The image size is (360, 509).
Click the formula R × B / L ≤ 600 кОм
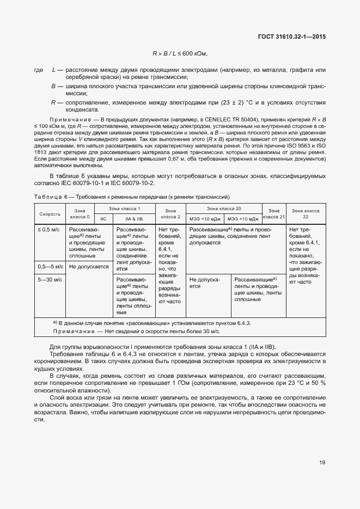point(180,53)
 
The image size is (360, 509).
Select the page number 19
point(322,463)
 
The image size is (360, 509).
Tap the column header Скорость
point(50,214)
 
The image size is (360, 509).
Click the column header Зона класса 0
point(80,214)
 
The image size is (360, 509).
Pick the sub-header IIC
point(103,219)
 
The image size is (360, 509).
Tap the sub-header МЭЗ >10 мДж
point(243,219)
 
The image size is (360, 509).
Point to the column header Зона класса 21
point(274,214)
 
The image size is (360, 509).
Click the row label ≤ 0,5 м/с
point(48,230)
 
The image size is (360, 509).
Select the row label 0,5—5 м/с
point(50,266)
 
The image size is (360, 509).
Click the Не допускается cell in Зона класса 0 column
point(89,267)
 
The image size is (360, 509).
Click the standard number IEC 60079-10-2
point(133,183)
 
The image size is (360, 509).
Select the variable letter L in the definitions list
point(54,70)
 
